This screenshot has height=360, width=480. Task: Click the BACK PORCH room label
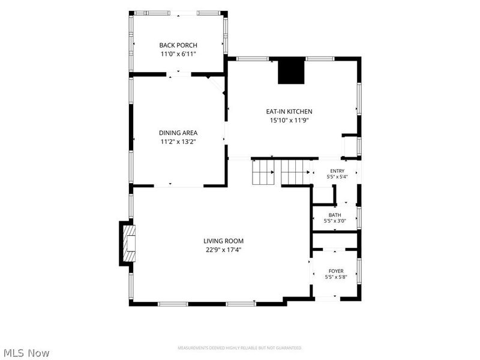coord(178,46)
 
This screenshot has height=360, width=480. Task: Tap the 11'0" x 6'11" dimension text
coord(178,54)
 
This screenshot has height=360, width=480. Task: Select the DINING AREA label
coord(178,133)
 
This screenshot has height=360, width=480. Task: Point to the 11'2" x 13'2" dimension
coord(178,142)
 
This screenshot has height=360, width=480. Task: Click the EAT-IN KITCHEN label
coord(289,112)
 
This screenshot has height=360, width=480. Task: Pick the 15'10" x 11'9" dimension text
coord(289,121)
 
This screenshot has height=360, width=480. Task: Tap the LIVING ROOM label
coord(223,241)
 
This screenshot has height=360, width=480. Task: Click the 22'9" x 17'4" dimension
coord(223,250)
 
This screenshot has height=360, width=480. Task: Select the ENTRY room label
coord(337,171)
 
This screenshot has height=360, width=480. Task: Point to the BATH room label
coord(335,215)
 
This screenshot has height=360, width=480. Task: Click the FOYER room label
coord(336,271)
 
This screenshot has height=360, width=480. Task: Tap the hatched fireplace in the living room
coord(129,244)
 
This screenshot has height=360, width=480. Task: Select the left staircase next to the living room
coord(263,173)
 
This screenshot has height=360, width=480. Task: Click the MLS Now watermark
coord(25,353)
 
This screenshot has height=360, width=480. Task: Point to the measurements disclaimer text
coord(239,348)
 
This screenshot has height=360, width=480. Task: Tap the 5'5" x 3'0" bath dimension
coord(335,221)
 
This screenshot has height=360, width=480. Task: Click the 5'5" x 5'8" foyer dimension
coord(336,277)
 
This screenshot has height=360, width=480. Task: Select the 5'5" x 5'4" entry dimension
coord(337,176)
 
